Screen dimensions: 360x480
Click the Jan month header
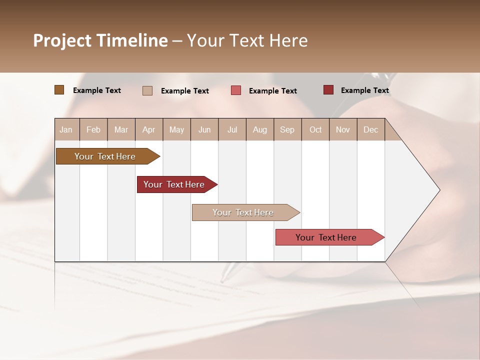(66, 129)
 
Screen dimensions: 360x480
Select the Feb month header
(93, 129)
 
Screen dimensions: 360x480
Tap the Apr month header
(149, 129)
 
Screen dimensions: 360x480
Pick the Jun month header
(204, 129)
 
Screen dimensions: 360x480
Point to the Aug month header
(260, 129)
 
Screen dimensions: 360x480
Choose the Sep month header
(287, 129)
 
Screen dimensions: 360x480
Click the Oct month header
(315, 129)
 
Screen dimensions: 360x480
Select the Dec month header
(371, 129)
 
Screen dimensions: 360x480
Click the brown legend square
(59, 90)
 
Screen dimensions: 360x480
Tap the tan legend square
(147, 90)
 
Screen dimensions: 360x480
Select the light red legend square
(236, 90)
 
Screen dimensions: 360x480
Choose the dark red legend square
(328, 90)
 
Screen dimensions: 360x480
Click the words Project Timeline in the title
(100, 40)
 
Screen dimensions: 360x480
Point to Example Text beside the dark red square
(365, 90)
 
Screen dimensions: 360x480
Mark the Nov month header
(343, 129)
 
